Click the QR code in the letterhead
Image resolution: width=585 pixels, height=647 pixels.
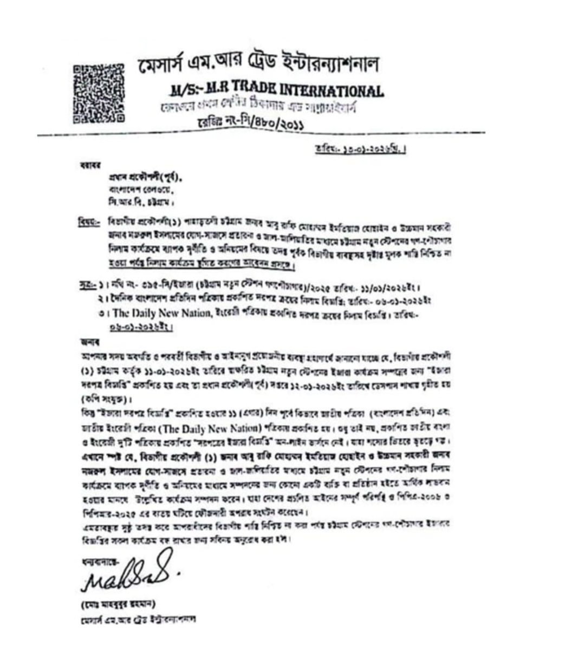pyautogui.click(x=98, y=92)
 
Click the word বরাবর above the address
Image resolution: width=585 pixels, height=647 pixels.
pyautogui.click(x=87, y=166)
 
